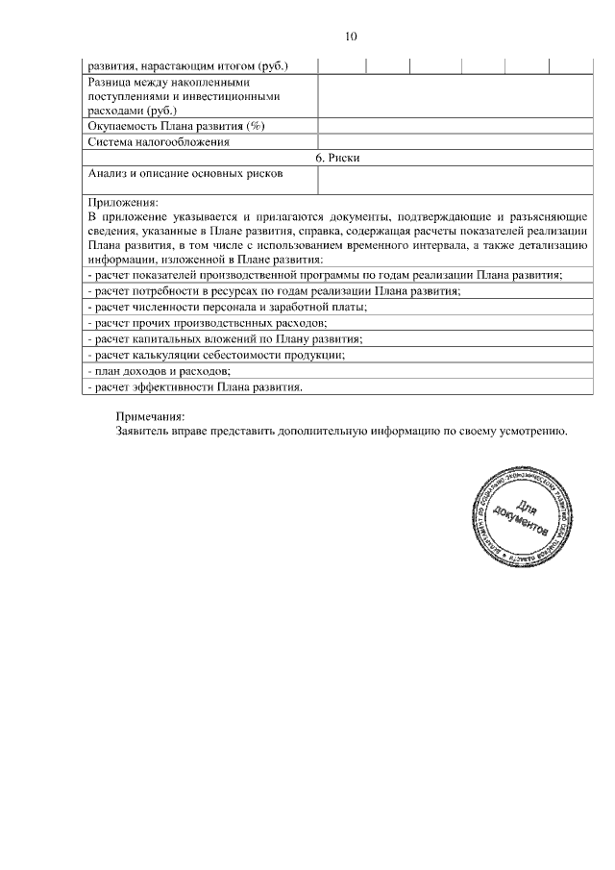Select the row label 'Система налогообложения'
159,142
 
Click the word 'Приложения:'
122,203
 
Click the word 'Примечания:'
149,417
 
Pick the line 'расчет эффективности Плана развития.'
196,387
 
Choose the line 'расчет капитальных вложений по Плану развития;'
224,339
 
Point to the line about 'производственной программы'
324,275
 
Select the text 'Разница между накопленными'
161,82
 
